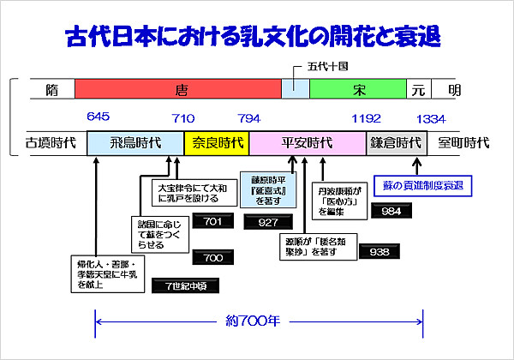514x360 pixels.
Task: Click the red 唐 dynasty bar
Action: coord(178,89)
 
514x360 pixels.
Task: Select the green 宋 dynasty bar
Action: coord(357,89)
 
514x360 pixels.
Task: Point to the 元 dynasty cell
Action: coord(418,89)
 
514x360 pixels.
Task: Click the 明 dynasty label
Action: coord(453,89)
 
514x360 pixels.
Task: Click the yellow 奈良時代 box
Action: coord(217,143)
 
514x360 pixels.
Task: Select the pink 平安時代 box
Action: coord(308,143)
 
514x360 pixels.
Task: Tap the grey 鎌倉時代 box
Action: coord(396,143)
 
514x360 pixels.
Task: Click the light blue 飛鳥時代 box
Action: coord(135,143)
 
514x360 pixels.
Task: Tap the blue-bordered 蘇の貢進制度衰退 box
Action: coord(423,185)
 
